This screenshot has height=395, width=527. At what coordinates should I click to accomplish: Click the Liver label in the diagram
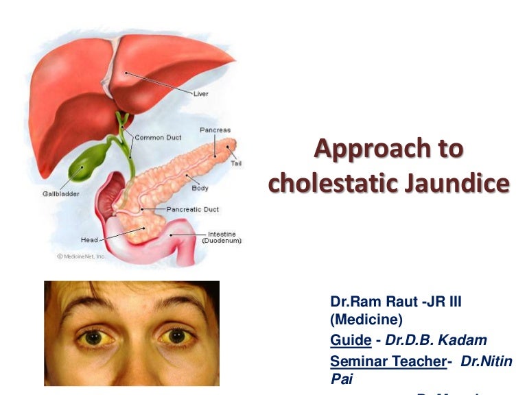200,93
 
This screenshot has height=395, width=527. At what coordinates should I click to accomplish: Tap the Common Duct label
159,137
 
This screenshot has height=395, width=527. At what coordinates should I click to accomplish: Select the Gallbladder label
61,194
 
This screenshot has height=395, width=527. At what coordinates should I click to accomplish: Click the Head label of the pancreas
89,240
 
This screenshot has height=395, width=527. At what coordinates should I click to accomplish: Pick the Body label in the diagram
200,188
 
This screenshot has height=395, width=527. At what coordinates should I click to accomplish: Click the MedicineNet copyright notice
82,256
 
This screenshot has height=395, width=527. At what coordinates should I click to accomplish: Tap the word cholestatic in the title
330,183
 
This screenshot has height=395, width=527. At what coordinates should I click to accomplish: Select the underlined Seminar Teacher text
388,361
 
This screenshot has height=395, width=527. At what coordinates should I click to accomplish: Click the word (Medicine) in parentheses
366,320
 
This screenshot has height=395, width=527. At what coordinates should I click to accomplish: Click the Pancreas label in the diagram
215,130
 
